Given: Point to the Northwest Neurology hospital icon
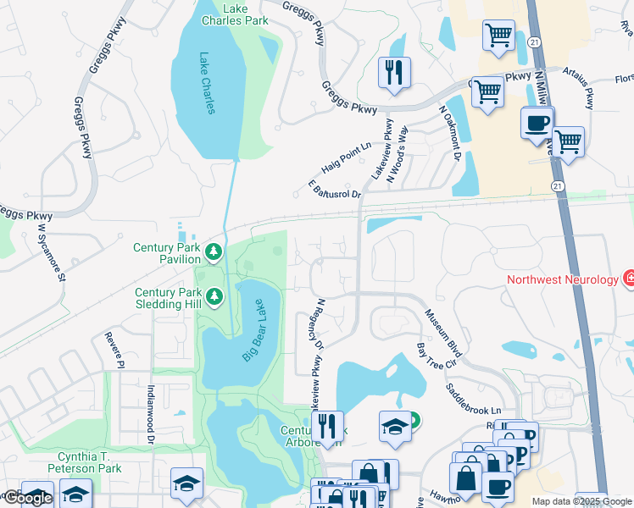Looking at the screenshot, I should click(x=629, y=278).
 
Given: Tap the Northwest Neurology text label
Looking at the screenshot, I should click(x=561, y=279).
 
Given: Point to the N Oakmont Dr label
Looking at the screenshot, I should click(x=449, y=132).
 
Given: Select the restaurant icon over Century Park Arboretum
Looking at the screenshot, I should click(x=327, y=428).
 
